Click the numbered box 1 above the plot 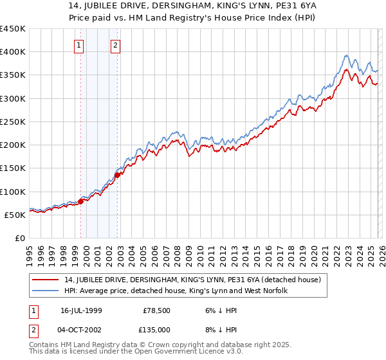pyautogui.click(x=78, y=45)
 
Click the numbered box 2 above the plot pyautogui.click(x=115, y=45)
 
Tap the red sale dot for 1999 pyautogui.click(x=81, y=201)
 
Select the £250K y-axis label pyautogui.click(x=12, y=122)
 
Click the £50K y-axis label pyautogui.click(x=15, y=215)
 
